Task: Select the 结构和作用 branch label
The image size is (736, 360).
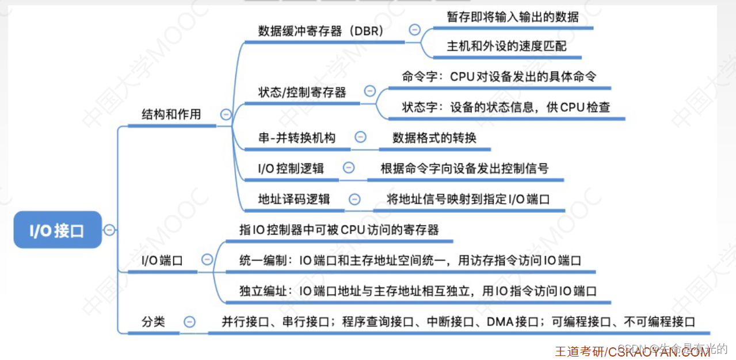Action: (x=171, y=114)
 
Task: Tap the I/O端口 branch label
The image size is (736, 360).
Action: (x=162, y=261)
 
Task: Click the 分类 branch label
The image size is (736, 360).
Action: (x=153, y=321)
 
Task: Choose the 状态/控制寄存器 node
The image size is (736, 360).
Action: (x=302, y=92)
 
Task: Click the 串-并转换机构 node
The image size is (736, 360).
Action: (x=297, y=138)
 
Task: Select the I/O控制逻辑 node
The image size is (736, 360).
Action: (x=291, y=168)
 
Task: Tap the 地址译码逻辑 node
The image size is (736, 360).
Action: (x=294, y=199)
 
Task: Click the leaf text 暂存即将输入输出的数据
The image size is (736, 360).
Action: (x=513, y=17)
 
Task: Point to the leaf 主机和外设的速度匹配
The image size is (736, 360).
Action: (x=506, y=46)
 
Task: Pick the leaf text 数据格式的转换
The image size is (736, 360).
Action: (x=434, y=138)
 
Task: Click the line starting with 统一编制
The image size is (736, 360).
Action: (x=410, y=261)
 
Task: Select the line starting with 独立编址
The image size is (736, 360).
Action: (x=418, y=291)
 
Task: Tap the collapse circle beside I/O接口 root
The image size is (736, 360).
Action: (x=109, y=230)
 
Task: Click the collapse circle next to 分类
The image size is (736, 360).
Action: (x=189, y=322)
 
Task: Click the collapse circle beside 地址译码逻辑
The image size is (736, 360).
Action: (x=354, y=199)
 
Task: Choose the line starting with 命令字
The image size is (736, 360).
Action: (x=499, y=76)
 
